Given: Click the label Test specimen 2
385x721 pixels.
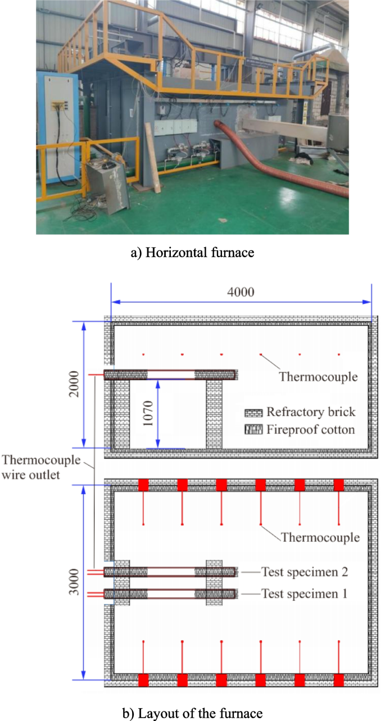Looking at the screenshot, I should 305,572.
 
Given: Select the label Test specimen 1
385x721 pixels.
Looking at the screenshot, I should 305,593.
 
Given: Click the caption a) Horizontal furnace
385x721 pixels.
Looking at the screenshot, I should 192,253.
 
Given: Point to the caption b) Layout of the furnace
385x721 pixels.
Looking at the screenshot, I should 192,713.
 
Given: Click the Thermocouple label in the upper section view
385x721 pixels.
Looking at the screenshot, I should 318,376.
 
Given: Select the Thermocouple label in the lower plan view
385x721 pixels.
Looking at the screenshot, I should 320,537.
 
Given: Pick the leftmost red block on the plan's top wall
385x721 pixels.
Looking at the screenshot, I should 143,485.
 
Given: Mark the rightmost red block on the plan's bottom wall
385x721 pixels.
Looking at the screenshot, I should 339,680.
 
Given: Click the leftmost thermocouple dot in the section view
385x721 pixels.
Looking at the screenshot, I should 143,354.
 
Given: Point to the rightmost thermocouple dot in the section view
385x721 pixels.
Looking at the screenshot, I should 339,354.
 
